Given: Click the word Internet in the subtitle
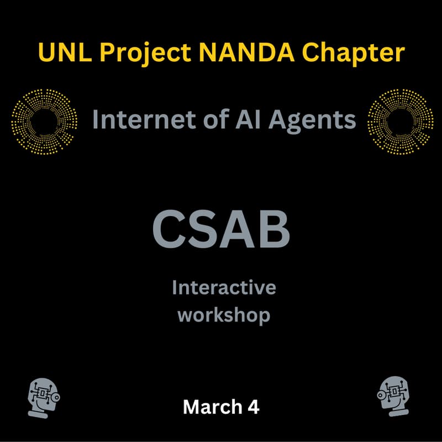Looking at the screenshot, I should [x=135, y=119].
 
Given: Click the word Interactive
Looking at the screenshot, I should [x=224, y=288].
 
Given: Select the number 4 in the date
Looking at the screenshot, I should [x=254, y=407].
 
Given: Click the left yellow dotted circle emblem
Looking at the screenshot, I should [x=44, y=120].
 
